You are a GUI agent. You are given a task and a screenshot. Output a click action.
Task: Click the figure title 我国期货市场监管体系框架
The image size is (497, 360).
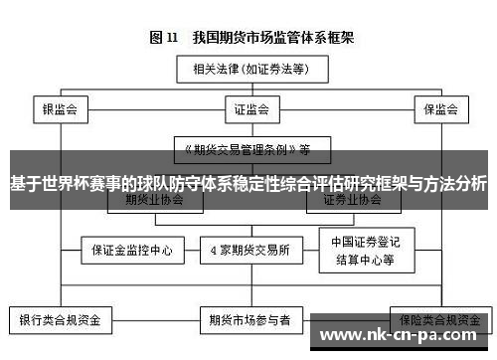[274, 38]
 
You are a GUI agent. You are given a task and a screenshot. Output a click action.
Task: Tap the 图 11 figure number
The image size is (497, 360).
[164, 38]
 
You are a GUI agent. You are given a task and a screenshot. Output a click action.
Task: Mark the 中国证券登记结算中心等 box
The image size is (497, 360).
[363, 249]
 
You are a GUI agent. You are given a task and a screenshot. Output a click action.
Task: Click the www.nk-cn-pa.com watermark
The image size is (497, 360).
[403, 333]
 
